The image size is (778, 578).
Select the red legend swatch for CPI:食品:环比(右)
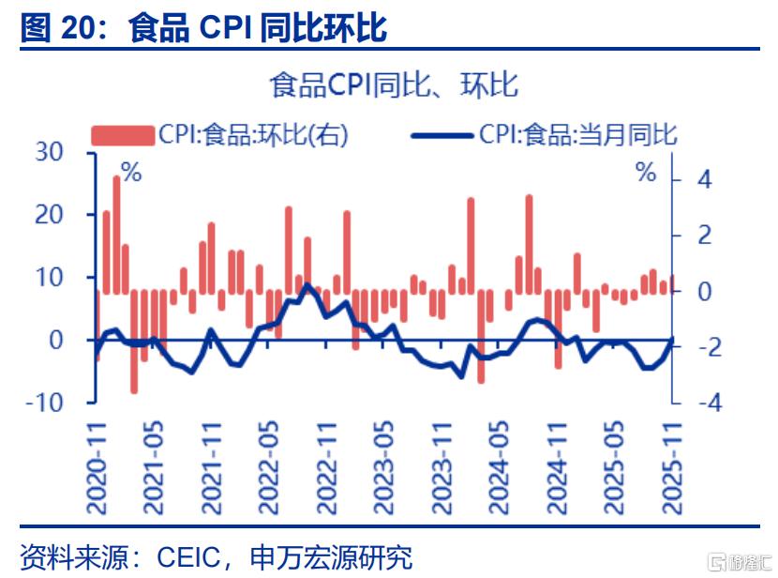pos(123,135)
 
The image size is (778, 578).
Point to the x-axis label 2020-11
pos(97,466)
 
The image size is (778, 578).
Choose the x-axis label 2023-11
pos(441,466)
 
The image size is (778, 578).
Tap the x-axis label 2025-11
pos(672,466)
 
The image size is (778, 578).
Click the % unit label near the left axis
pos(131,173)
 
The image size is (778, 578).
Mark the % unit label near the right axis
pos(647,173)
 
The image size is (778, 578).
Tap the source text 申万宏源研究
pos(332,557)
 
